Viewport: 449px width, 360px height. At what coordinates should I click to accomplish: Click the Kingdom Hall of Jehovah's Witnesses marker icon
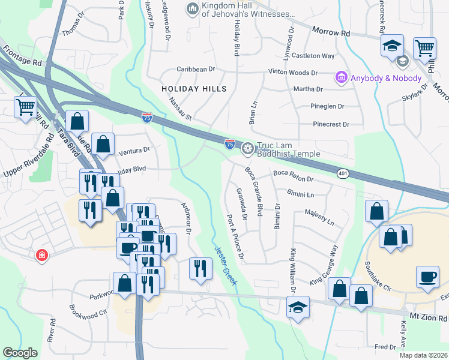tap(192, 8)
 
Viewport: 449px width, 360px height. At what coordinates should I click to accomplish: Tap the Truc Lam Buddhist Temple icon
tap(247, 148)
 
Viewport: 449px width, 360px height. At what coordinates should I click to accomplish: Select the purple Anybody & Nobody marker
tap(341, 77)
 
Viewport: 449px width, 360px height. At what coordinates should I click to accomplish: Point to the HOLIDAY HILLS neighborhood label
tap(194, 89)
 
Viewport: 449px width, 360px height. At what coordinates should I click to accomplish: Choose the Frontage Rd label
tap(21, 54)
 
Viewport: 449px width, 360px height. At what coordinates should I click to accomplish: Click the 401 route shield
tap(343, 173)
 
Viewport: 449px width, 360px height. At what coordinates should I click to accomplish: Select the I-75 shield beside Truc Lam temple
tap(229, 143)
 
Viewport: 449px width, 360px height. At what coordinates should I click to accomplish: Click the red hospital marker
tap(41, 255)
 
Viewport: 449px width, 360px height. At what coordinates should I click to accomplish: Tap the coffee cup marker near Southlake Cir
tap(428, 277)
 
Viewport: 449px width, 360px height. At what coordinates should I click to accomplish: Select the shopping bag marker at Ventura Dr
tap(103, 143)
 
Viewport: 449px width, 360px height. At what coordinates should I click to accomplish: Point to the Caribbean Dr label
tap(195, 70)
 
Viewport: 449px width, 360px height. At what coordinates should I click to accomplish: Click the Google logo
tap(20, 353)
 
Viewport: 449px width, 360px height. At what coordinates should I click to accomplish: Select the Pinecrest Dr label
tap(331, 124)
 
